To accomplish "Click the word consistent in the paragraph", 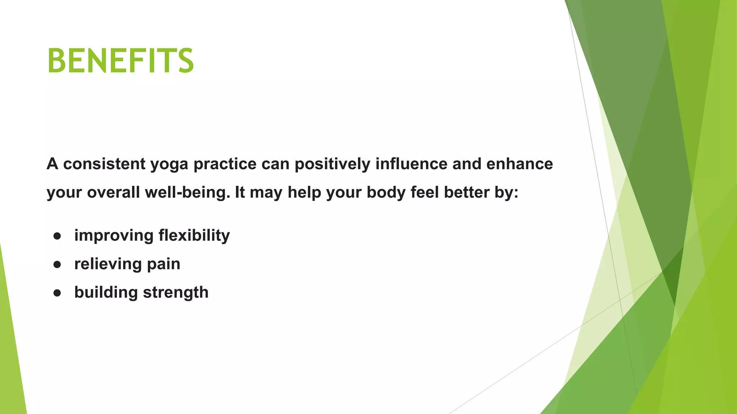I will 104,164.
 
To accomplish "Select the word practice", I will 225,164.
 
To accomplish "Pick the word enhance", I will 519,164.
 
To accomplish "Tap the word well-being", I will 187,193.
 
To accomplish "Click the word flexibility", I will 194,236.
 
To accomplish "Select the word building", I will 106,293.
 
